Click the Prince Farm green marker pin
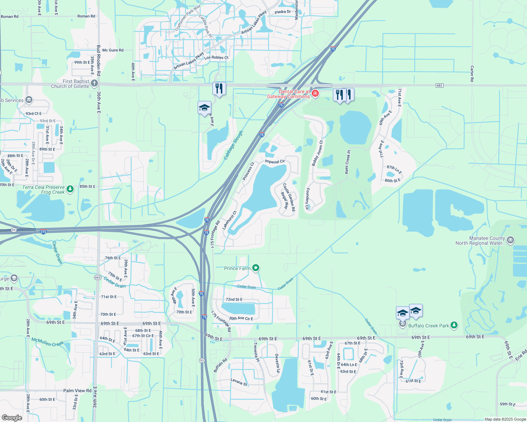[256, 268]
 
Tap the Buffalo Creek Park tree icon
[454, 325]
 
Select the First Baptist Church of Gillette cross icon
[94, 83]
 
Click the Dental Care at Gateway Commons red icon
[315, 94]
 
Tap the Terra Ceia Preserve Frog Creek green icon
[70, 189]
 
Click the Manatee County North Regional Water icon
[510, 241]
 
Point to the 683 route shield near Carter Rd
[439, 85]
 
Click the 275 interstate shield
[43, 232]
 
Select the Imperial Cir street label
[275, 162]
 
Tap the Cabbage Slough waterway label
[234, 145]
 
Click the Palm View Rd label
[77, 391]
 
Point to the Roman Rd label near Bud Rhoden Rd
[86, 16]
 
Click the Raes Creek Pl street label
[347, 162]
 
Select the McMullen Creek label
[48, 342]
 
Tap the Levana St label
[239, 382]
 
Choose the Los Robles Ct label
[216, 58]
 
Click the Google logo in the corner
[12, 418]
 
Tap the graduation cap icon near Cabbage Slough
[204, 108]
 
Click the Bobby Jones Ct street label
[317, 154]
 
